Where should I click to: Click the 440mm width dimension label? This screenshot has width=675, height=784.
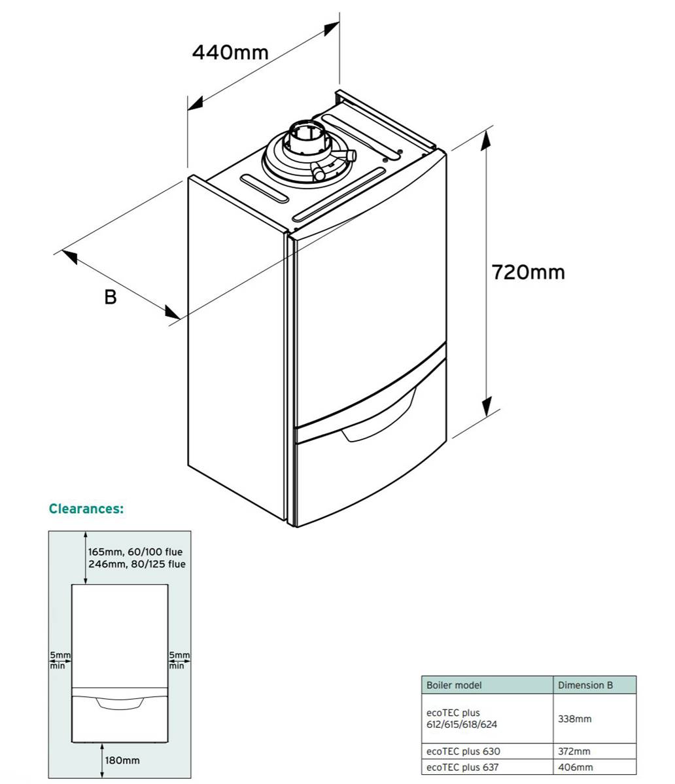[x=230, y=52]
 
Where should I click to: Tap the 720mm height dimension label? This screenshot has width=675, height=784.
[x=528, y=272]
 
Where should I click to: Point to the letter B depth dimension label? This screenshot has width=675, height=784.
[x=111, y=297]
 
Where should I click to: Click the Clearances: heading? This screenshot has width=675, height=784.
[x=86, y=508]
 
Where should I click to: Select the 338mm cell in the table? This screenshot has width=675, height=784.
[x=574, y=719]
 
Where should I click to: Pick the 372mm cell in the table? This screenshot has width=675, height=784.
[x=574, y=751]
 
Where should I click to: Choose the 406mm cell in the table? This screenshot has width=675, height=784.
[x=575, y=767]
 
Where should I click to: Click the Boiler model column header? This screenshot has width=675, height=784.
[x=454, y=685]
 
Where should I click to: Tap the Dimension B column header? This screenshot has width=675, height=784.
[x=585, y=685]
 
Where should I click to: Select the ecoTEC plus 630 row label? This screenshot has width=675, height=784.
[x=463, y=751]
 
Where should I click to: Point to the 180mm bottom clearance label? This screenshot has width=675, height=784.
[x=122, y=760]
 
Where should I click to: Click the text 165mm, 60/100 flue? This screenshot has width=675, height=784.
[x=135, y=552]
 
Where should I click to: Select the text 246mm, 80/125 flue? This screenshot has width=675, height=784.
[x=137, y=564]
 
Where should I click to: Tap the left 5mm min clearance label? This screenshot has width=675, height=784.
[x=60, y=660]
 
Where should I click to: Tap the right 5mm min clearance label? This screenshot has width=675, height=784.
[x=179, y=660]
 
